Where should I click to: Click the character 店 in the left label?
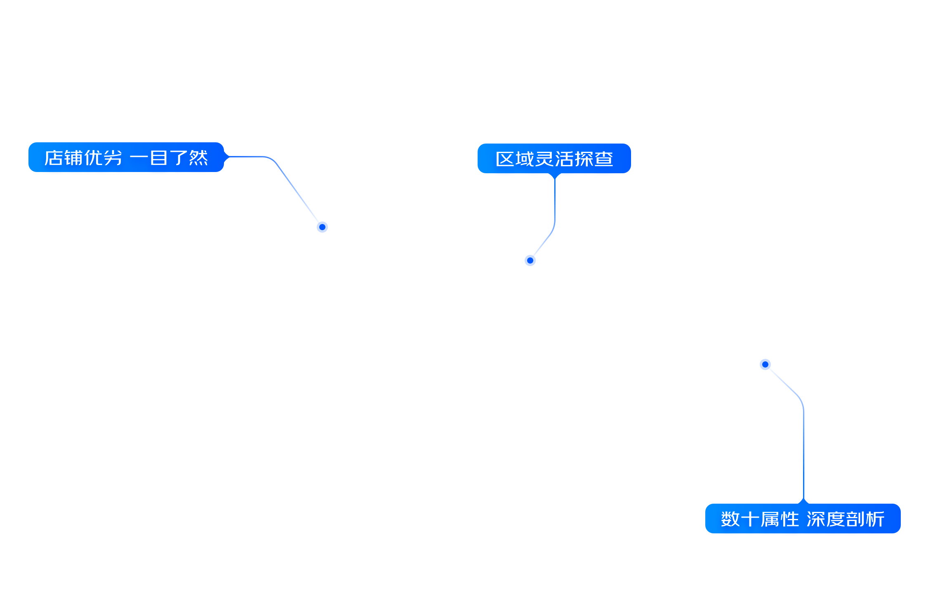pos(54,158)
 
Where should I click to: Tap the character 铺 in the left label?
pos(73,158)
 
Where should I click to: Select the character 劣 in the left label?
pos(112,158)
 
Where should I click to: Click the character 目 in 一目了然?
pos(159,158)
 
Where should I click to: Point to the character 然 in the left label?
pos(198,158)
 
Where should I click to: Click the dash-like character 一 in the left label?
pos(139,158)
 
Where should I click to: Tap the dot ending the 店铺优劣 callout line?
pos(322,227)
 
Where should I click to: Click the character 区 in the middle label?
pos(504,159)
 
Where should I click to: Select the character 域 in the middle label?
pos(525,159)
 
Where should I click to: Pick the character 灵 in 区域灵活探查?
pos(544,159)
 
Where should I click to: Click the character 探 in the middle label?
pos(584,159)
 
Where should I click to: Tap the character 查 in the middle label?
pos(604,159)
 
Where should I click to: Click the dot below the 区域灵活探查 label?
pos(530,260)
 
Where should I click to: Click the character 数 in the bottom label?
pos(730,519)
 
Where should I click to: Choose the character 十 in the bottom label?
pos(750,519)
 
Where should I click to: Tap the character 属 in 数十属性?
pos(770,519)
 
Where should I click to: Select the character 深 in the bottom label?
pos(816,519)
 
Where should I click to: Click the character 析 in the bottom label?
pos(875,519)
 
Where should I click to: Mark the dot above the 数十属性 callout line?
pos(765,364)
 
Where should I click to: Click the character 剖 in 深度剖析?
pos(855,519)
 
